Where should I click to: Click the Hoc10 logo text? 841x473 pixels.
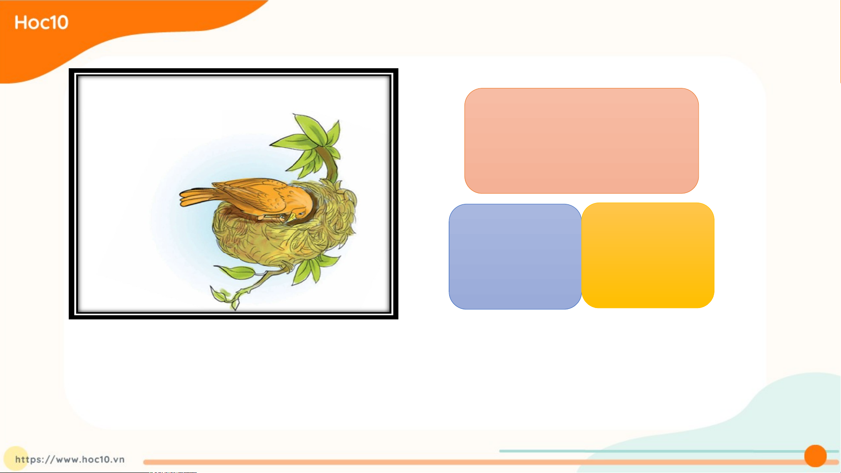(42, 22)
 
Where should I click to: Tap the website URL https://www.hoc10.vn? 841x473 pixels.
(70, 459)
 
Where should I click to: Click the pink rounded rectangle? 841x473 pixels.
(581, 141)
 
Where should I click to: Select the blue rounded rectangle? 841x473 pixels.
(515, 256)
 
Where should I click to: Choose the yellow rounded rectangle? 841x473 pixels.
(648, 255)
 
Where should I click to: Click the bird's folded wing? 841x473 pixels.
(254, 193)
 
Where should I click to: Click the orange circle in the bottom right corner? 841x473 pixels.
(815, 456)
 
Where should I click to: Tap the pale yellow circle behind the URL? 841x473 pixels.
(16, 458)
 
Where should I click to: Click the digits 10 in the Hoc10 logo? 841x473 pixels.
(60, 22)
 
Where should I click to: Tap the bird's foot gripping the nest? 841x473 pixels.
(269, 217)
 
